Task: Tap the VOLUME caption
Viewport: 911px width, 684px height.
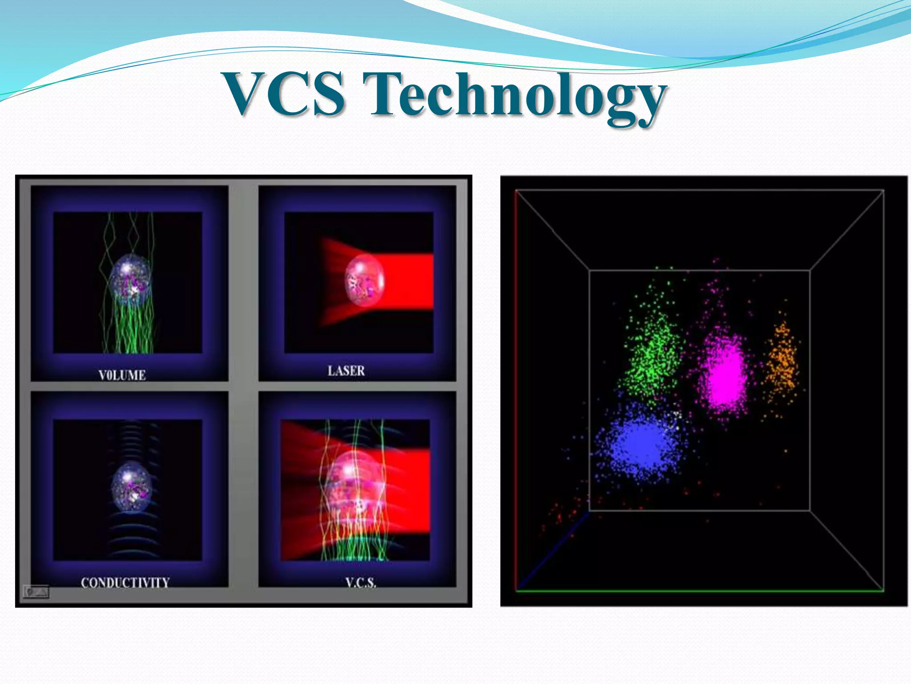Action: click(122, 375)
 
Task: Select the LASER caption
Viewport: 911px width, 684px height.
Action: click(346, 370)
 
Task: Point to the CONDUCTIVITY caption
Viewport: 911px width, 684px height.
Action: click(125, 582)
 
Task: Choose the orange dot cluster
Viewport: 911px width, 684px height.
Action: click(782, 361)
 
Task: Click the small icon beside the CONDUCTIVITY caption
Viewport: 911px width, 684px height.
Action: click(36, 592)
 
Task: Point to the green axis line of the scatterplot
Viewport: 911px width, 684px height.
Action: click(698, 591)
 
